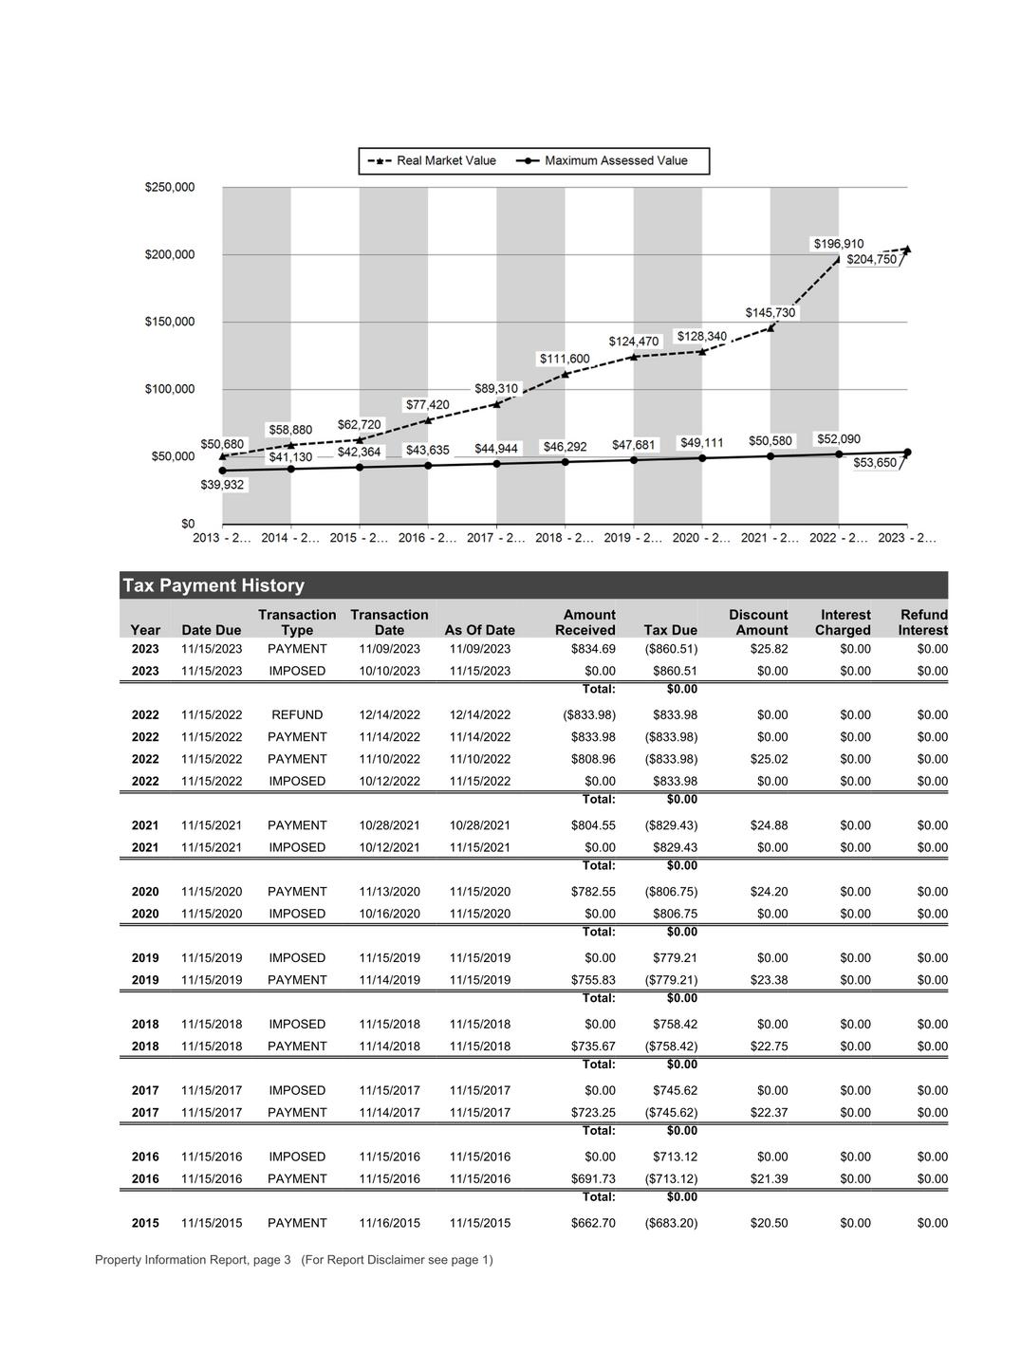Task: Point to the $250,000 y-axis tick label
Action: pyautogui.click(x=170, y=187)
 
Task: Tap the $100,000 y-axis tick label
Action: pyautogui.click(x=170, y=389)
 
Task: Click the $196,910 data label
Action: pyautogui.click(x=839, y=244)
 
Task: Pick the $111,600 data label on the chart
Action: pyautogui.click(x=565, y=359)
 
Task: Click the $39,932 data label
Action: pyautogui.click(x=222, y=485)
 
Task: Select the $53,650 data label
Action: pyautogui.click(x=875, y=463)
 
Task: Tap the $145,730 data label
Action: pyautogui.click(x=770, y=313)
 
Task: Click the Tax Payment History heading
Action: pyautogui.click(x=213, y=585)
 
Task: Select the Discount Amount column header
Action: pyautogui.click(x=758, y=622)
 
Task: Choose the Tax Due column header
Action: pyautogui.click(x=670, y=630)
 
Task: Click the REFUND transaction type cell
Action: pyautogui.click(x=297, y=715)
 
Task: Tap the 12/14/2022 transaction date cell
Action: pyautogui.click(x=389, y=715)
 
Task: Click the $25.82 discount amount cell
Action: pyautogui.click(x=769, y=649)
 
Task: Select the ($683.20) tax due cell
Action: pyautogui.click(x=671, y=1223)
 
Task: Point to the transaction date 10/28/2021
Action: pyautogui.click(x=389, y=825)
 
